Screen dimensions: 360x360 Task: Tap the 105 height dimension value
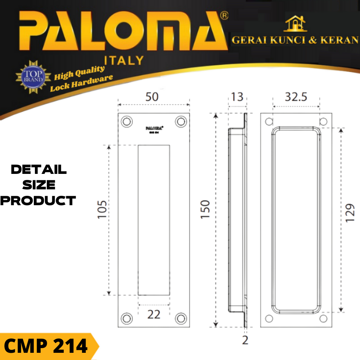click(x=103, y=210)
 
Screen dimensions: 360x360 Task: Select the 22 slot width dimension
click(x=154, y=314)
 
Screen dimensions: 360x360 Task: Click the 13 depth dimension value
click(x=237, y=97)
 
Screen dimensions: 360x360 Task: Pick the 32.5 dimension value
click(x=296, y=97)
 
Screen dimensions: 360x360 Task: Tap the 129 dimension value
click(x=350, y=213)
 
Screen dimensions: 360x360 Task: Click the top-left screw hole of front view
click(x=126, y=122)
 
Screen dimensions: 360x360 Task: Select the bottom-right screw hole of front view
click(x=181, y=318)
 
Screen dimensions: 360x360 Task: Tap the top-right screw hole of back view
click(x=323, y=122)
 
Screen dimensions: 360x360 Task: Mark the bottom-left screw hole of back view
click(x=269, y=318)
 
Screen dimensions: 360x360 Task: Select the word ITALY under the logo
click(x=123, y=60)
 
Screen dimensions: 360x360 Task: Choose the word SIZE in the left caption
click(x=39, y=185)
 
